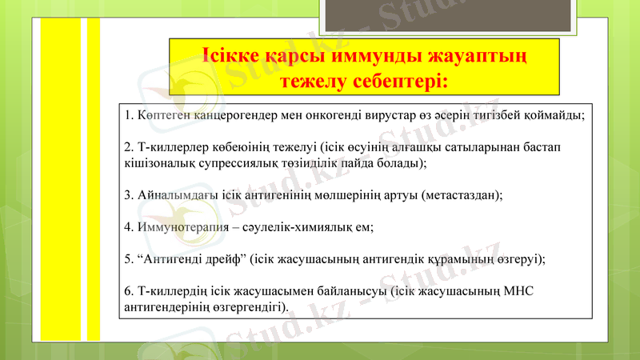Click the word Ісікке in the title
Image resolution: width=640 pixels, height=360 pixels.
(232, 59)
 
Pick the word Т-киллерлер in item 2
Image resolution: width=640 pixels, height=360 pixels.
(170, 148)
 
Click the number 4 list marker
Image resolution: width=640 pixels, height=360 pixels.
(129, 227)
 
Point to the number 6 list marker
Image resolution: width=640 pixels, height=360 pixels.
(129, 291)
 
